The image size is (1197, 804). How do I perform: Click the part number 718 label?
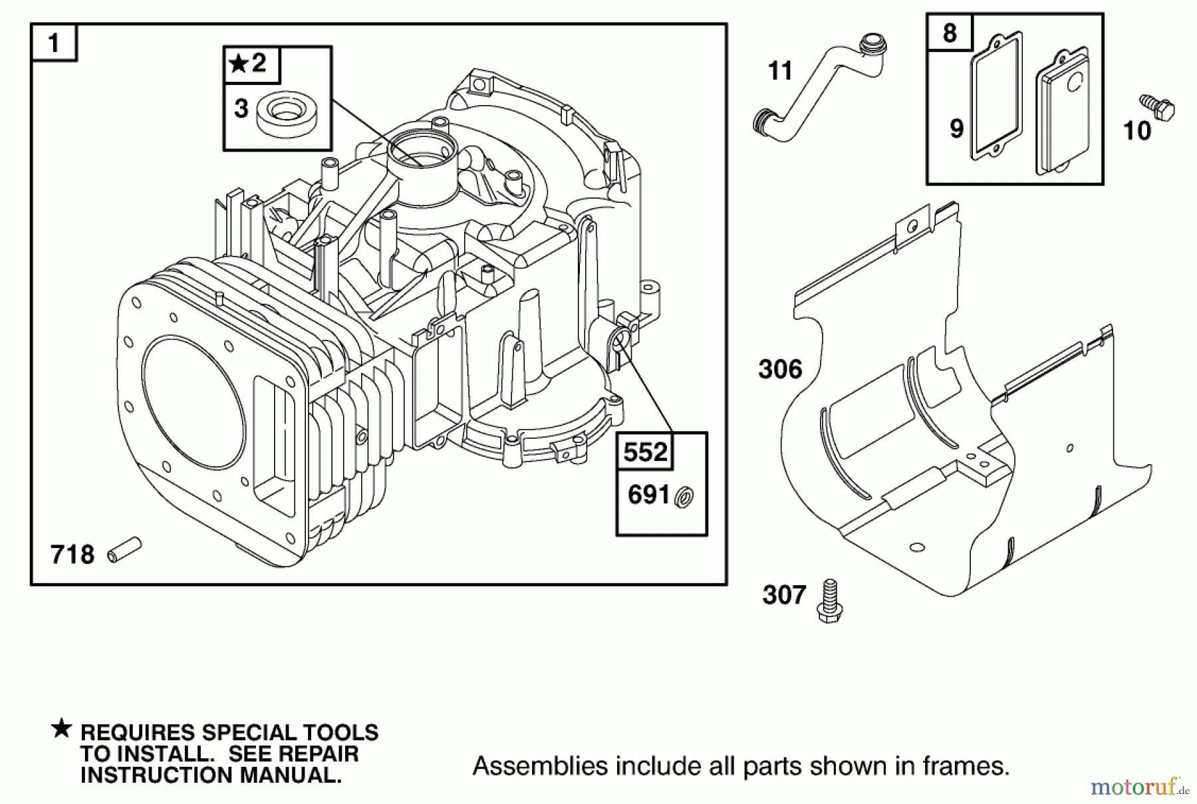(x=72, y=554)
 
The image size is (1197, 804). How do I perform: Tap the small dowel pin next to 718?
(x=124, y=549)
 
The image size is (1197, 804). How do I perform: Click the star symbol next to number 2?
(x=237, y=64)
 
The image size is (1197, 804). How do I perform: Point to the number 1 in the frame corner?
(x=54, y=44)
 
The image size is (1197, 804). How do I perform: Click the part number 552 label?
(x=645, y=453)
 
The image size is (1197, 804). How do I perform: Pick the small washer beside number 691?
(x=683, y=497)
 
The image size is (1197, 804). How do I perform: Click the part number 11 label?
(x=780, y=70)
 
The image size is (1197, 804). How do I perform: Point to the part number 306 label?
(x=780, y=369)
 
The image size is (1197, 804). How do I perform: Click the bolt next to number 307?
(x=829, y=601)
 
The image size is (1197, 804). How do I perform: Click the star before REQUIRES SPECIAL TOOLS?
(x=61, y=729)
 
